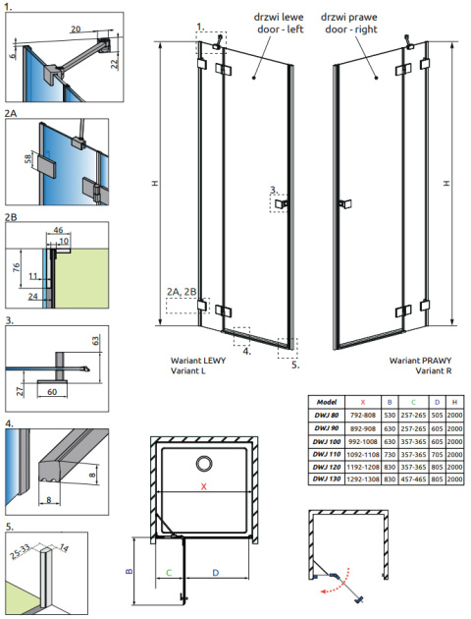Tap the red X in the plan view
pos(204,486)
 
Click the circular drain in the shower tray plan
pos(204,464)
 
